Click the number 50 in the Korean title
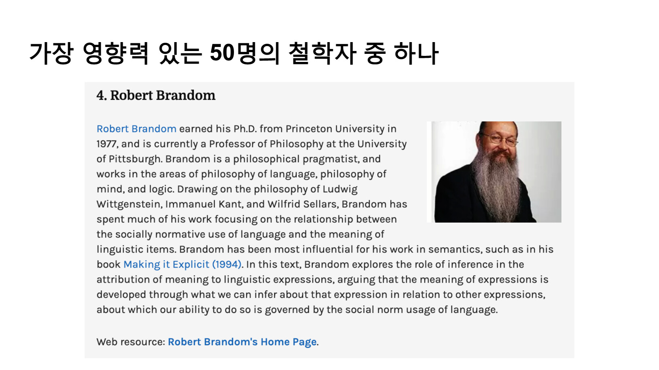222,53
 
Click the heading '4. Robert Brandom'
156,95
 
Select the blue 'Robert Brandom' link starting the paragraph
136,129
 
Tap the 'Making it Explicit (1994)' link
183,264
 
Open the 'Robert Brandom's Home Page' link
242,342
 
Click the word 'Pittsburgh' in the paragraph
135,159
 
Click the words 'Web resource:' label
131,342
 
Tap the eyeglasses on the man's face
501,139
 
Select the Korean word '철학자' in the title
323,53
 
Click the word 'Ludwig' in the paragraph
340,189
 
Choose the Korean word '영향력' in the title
116,53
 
